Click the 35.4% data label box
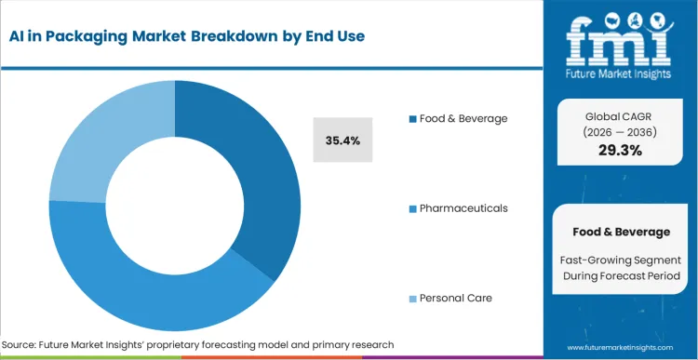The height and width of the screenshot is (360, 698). pyautogui.click(x=342, y=140)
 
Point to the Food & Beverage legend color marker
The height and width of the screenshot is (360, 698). pyautogui.click(x=412, y=119)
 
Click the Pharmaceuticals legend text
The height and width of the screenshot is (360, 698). pyautogui.click(x=463, y=207)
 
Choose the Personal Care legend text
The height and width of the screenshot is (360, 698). pyautogui.click(x=456, y=298)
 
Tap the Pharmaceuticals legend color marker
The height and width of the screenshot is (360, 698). pyautogui.click(x=412, y=208)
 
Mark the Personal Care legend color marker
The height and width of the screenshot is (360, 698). pyautogui.click(x=412, y=299)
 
